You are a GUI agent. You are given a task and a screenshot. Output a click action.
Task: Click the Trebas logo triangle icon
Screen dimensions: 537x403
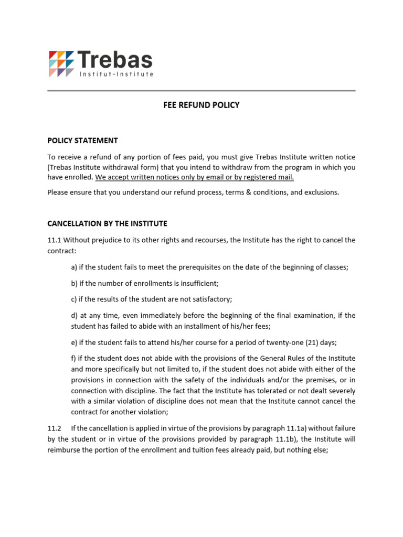click(x=61, y=63)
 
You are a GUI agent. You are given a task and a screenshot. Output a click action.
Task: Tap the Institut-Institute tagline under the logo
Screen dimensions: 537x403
click(x=116, y=74)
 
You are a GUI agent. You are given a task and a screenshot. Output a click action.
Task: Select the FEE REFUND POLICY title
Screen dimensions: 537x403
click(x=201, y=105)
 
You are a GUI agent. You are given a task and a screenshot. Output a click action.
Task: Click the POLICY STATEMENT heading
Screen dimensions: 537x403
click(x=82, y=141)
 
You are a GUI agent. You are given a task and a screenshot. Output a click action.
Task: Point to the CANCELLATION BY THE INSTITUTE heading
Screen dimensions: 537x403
click(x=107, y=223)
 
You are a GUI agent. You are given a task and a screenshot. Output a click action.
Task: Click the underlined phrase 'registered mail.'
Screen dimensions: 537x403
click(x=268, y=177)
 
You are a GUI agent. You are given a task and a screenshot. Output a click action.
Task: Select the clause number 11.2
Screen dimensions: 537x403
click(x=54, y=428)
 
